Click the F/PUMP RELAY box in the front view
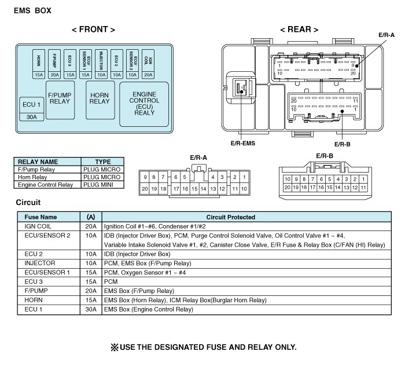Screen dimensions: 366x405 59,99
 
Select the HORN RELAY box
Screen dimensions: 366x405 100,98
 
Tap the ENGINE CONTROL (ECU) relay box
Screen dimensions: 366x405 144,103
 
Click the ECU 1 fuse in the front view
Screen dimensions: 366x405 31,105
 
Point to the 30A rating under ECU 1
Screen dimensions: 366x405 31,116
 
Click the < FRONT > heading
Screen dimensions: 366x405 93,30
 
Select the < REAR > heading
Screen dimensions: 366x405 299,30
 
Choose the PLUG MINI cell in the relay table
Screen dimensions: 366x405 101,185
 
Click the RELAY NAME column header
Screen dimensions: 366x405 38,162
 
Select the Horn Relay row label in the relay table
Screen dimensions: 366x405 33,177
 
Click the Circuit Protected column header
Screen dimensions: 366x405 243,217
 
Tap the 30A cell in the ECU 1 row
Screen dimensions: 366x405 91,309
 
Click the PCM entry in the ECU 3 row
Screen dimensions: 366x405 111,281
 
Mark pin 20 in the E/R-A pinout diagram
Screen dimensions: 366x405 146,189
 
